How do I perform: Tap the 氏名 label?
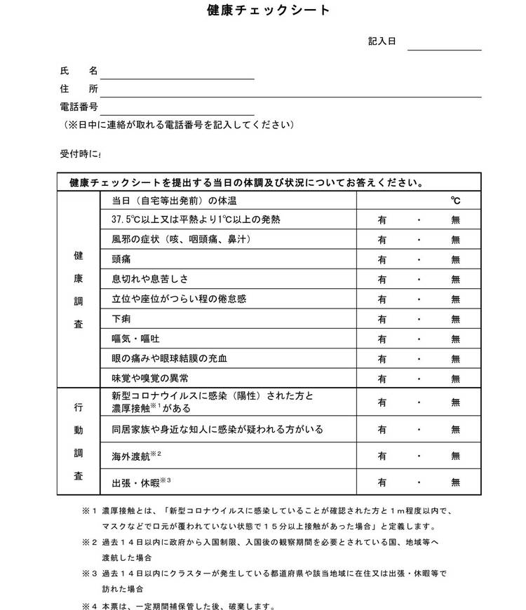pos(79,72)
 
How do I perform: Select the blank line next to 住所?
pos(290,90)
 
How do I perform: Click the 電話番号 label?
pos(79,107)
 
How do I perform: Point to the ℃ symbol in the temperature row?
pos(456,201)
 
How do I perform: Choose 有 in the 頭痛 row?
pos(383,259)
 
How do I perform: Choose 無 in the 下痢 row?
pos(456,319)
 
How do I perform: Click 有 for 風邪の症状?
pos(383,240)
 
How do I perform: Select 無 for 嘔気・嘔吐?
pos(456,339)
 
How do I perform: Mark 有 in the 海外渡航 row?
pos(383,456)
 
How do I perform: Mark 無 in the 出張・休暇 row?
pos(456,482)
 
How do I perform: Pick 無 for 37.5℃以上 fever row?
pos(456,219)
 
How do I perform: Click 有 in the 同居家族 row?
pos(383,429)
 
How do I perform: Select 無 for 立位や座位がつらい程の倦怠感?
pos(456,299)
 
